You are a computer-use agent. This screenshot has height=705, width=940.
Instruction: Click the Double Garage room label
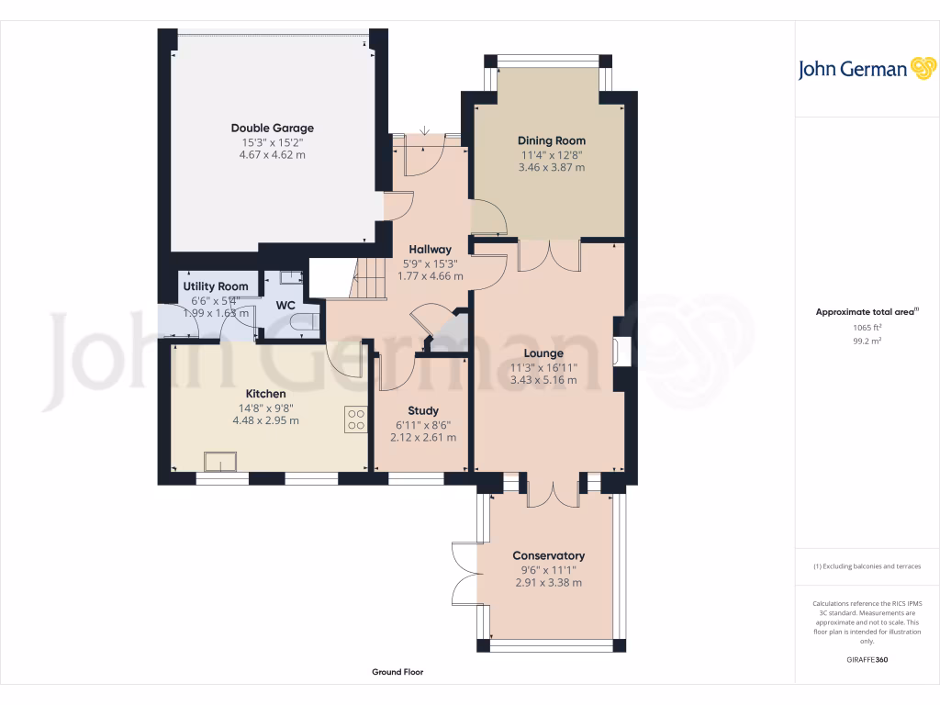click(272, 128)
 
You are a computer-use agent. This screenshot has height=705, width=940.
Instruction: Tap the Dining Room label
click(552, 140)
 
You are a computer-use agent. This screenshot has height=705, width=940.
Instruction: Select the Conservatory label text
click(549, 555)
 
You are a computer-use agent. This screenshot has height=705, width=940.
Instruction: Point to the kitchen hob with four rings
click(356, 420)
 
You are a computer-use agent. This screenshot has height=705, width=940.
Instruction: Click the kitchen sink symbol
click(220, 462)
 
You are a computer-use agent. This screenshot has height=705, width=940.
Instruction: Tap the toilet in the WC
click(305, 322)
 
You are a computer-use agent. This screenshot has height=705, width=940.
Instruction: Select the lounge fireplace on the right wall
click(621, 352)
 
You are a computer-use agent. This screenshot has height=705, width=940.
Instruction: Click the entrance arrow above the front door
click(424, 130)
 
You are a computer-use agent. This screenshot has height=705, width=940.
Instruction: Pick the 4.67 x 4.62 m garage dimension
click(272, 154)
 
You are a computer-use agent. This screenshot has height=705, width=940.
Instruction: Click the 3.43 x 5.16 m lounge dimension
click(543, 380)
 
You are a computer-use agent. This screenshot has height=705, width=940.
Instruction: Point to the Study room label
click(423, 410)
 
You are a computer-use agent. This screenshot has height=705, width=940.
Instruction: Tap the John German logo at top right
click(867, 69)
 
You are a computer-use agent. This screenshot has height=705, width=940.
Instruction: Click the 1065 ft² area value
click(867, 328)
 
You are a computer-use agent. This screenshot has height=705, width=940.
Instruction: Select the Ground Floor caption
click(397, 672)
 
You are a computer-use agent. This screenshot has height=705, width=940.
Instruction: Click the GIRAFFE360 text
click(867, 659)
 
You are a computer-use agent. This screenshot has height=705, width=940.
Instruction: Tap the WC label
click(285, 305)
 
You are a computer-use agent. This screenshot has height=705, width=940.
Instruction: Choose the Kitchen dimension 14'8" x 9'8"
click(265, 408)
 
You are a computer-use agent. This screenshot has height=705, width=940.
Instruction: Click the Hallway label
click(430, 250)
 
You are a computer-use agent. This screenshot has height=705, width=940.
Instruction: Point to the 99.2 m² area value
click(867, 341)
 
